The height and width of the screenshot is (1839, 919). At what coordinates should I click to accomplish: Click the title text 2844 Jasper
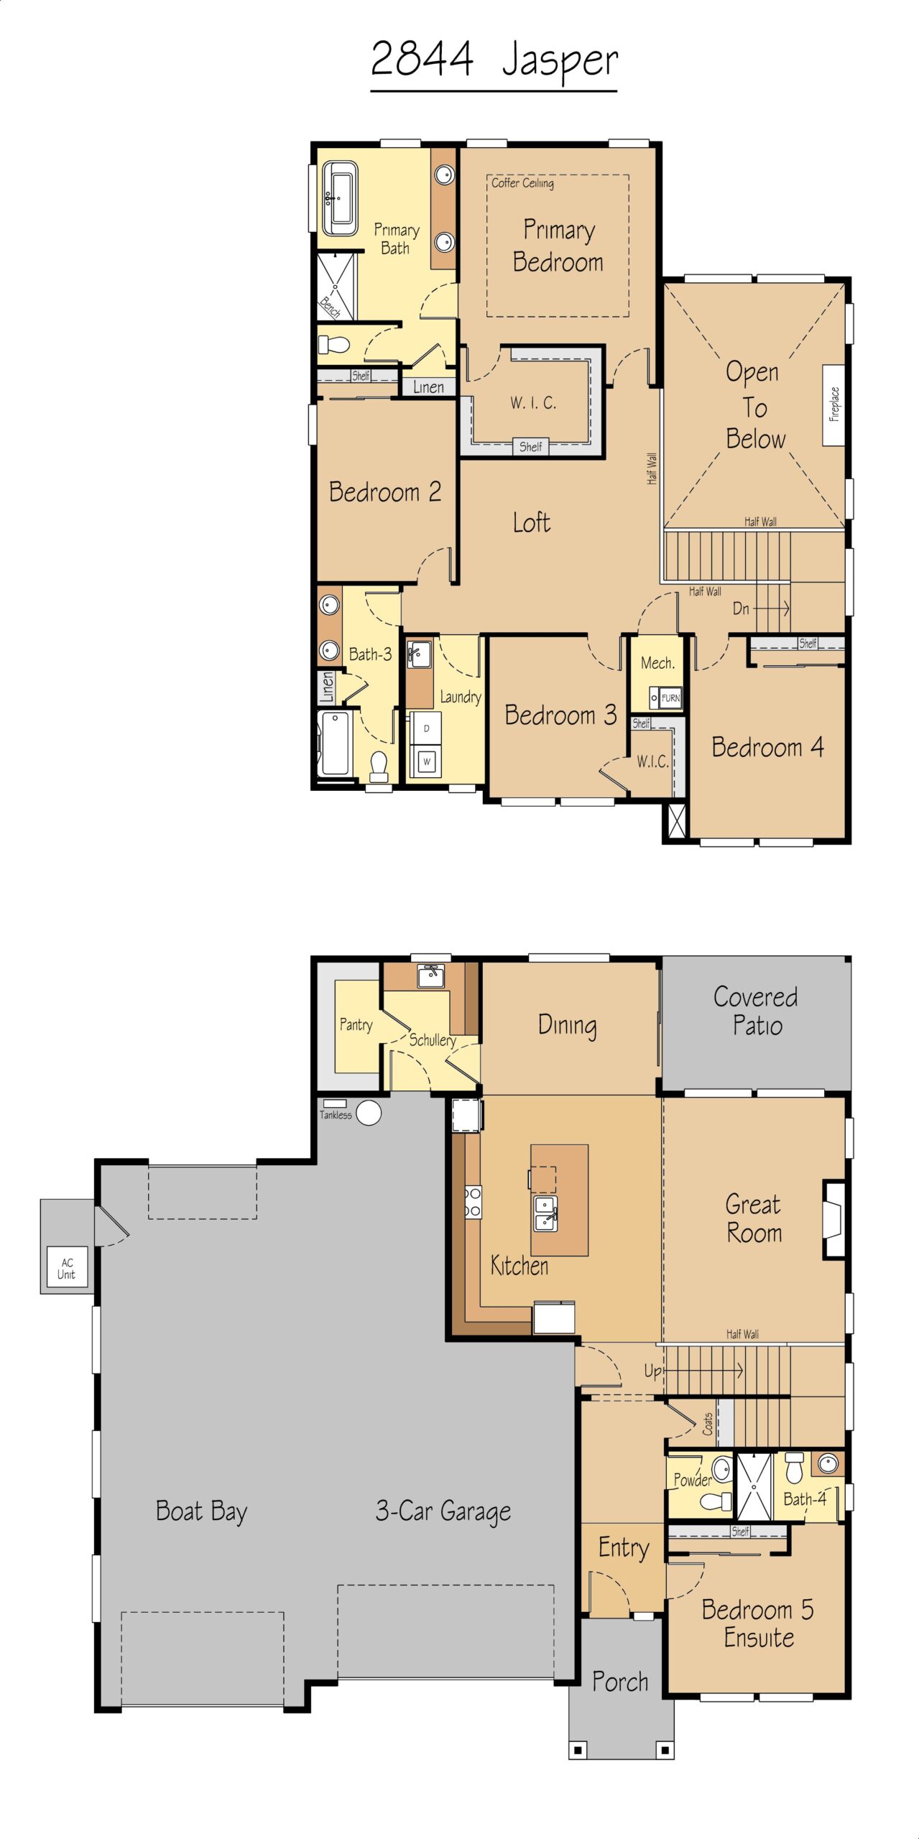tap(494, 60)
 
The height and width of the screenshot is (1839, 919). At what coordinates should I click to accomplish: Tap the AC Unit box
tap(66, 1269)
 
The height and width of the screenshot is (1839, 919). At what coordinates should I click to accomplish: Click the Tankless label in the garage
tap(336, 1115)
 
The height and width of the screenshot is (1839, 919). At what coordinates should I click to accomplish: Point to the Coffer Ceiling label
tap(522, 183)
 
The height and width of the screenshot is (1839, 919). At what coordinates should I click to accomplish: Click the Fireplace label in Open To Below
tap(834, 404)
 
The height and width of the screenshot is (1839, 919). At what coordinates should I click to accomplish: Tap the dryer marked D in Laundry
tap(426, 728)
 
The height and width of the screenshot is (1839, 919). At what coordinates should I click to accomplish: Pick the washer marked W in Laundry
tap(426, 761)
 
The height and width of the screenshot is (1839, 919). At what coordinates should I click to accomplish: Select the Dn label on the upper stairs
tap(741, 608)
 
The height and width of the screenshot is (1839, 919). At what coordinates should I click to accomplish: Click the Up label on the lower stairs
tap(652, 1371)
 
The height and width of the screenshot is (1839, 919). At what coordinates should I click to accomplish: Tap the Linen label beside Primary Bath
tap(428, 387)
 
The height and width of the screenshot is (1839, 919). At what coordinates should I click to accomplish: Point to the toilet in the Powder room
tap(715, 1501)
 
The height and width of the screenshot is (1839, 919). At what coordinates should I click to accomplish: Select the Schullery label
tap(433, 1040)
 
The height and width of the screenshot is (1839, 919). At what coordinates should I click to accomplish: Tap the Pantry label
tap(356, 1025)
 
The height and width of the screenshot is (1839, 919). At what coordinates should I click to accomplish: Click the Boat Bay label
tap(201, 1511)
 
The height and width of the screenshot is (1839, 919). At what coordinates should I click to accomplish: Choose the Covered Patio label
tap(756, 1011)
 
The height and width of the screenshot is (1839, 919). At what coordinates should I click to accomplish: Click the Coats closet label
tap(708, 1424)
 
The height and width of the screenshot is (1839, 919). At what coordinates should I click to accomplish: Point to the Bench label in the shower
tap(330, 307)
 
